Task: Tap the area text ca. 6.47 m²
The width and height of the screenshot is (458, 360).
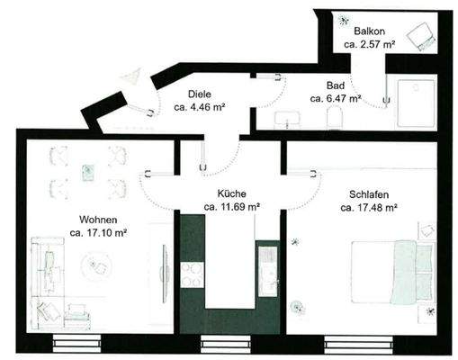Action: pyautogui.click(x=336, y=97)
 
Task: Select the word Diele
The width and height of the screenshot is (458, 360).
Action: pyautogui.click(x=200, y=94)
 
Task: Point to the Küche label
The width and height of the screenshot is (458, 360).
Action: pyautogui.click(x=231, y=193)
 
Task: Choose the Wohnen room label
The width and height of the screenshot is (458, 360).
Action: pyautogui.click(x=98, y=220)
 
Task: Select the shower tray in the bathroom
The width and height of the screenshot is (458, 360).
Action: pyautogui.click(x=414, y=99)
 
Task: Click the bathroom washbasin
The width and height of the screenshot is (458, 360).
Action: pyautogui.click(x=287, y=118)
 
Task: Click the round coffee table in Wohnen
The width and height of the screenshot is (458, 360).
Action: pyautogui.click(x=95, y=265)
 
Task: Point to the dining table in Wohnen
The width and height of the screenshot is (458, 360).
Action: pyautogui.click(x=87, y=172)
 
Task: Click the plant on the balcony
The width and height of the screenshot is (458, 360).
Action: pyautogui.click(x=345, y=20)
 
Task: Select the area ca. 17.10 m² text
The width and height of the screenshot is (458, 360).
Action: pyautogui.click(x=98, y=233)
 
